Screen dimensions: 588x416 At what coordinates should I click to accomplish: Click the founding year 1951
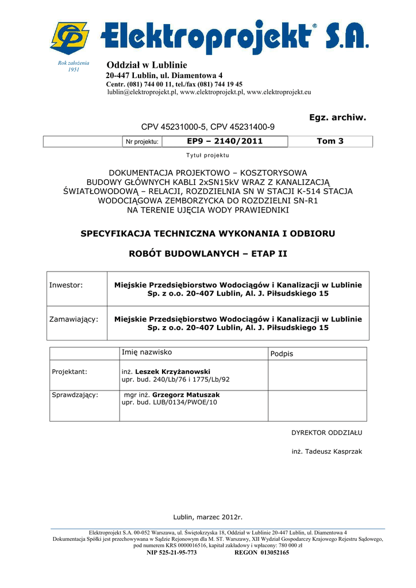tap(74, 69)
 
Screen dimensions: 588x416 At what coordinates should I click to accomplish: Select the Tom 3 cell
tap(330, 141)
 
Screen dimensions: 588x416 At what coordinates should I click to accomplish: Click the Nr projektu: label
tap(142, 142)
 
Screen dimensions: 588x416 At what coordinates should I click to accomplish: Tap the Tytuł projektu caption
tap(207, 156)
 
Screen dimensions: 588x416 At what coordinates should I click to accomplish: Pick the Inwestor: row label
tap(66, 285)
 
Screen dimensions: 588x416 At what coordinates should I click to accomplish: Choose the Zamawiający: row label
tap(74, 319)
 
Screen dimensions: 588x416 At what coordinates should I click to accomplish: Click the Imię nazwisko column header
tap(147, 352)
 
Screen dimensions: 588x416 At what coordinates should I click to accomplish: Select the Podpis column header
tap(282, 354)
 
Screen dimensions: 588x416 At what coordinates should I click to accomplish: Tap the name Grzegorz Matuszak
tap(186, 395)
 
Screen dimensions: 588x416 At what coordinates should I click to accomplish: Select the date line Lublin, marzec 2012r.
tap(208, 517)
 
